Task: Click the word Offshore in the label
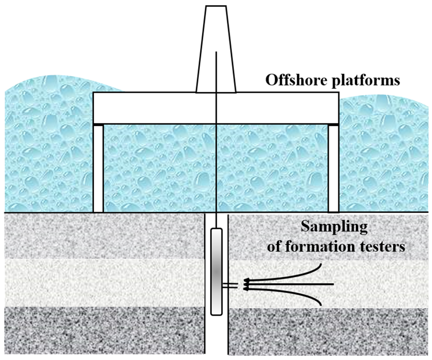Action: click(x=296, y=80)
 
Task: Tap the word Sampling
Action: click(x=334, y=227)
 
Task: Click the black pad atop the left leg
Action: click(x=98, y=125)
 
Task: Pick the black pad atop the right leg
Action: click(x=333, y=125)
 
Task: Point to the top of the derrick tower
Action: click(x=216, y=6)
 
